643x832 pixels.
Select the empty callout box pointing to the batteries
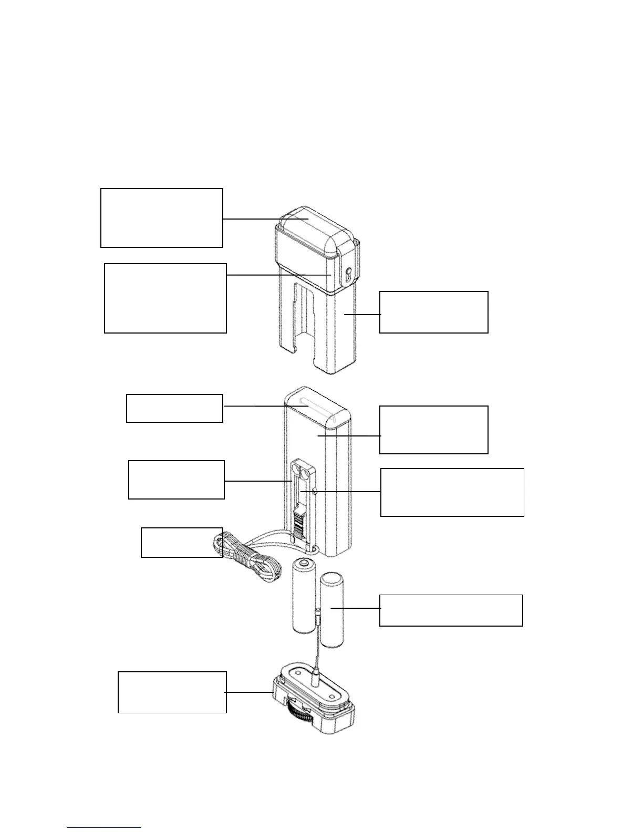pyautogui.click(x=451, y=610)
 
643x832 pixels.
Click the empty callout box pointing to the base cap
pyautogui.click(x=172, y=692)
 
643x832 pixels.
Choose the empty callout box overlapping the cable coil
pyautogui.click(x=182, y=542)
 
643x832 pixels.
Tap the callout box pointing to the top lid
pyautogui.click(x=161, y=217)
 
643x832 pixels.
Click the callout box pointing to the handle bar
pyautogui.click(x=174, y=408)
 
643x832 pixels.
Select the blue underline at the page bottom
pyautogui.click(x=105, y=828)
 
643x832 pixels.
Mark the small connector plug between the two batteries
pyautogui.click(x=318, y=615)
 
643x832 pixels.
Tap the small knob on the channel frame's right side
pyautogui.click(x=314, y=491)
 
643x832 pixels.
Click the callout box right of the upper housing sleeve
pyautogui.click(x=433, y=312)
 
